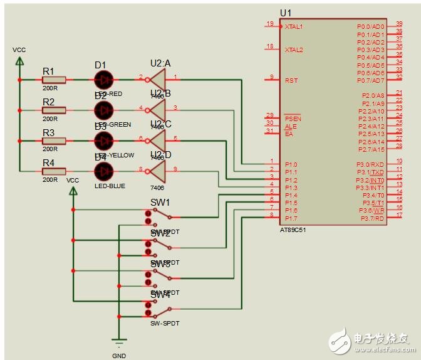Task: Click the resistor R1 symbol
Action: [x=54, y=80]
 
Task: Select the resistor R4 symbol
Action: [x=54, y=171]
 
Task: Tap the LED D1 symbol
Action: [x=103, y=80]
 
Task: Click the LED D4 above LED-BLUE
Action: [x=103, y=170]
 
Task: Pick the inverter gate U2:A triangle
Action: [x=156, y=80]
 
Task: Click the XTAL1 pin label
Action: [x=294, y=27]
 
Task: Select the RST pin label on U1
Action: [x=291, y=80]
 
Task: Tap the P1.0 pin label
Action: [x=291, y=164]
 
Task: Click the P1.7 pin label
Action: [x=291, y=218]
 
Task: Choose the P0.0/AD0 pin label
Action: [x=371, y=27]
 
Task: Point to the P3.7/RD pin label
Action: [x=372, y=218]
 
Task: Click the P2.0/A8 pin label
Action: [x=373, y=96]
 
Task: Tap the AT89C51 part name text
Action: [x=294, y=230]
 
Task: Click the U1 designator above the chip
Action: [x=286, y=13]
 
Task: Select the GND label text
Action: [x=118, y=355]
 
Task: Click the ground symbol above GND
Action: [x=118, y=342]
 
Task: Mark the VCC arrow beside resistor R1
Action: [x=19, y=61]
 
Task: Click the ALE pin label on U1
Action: [x=291, y=126]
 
